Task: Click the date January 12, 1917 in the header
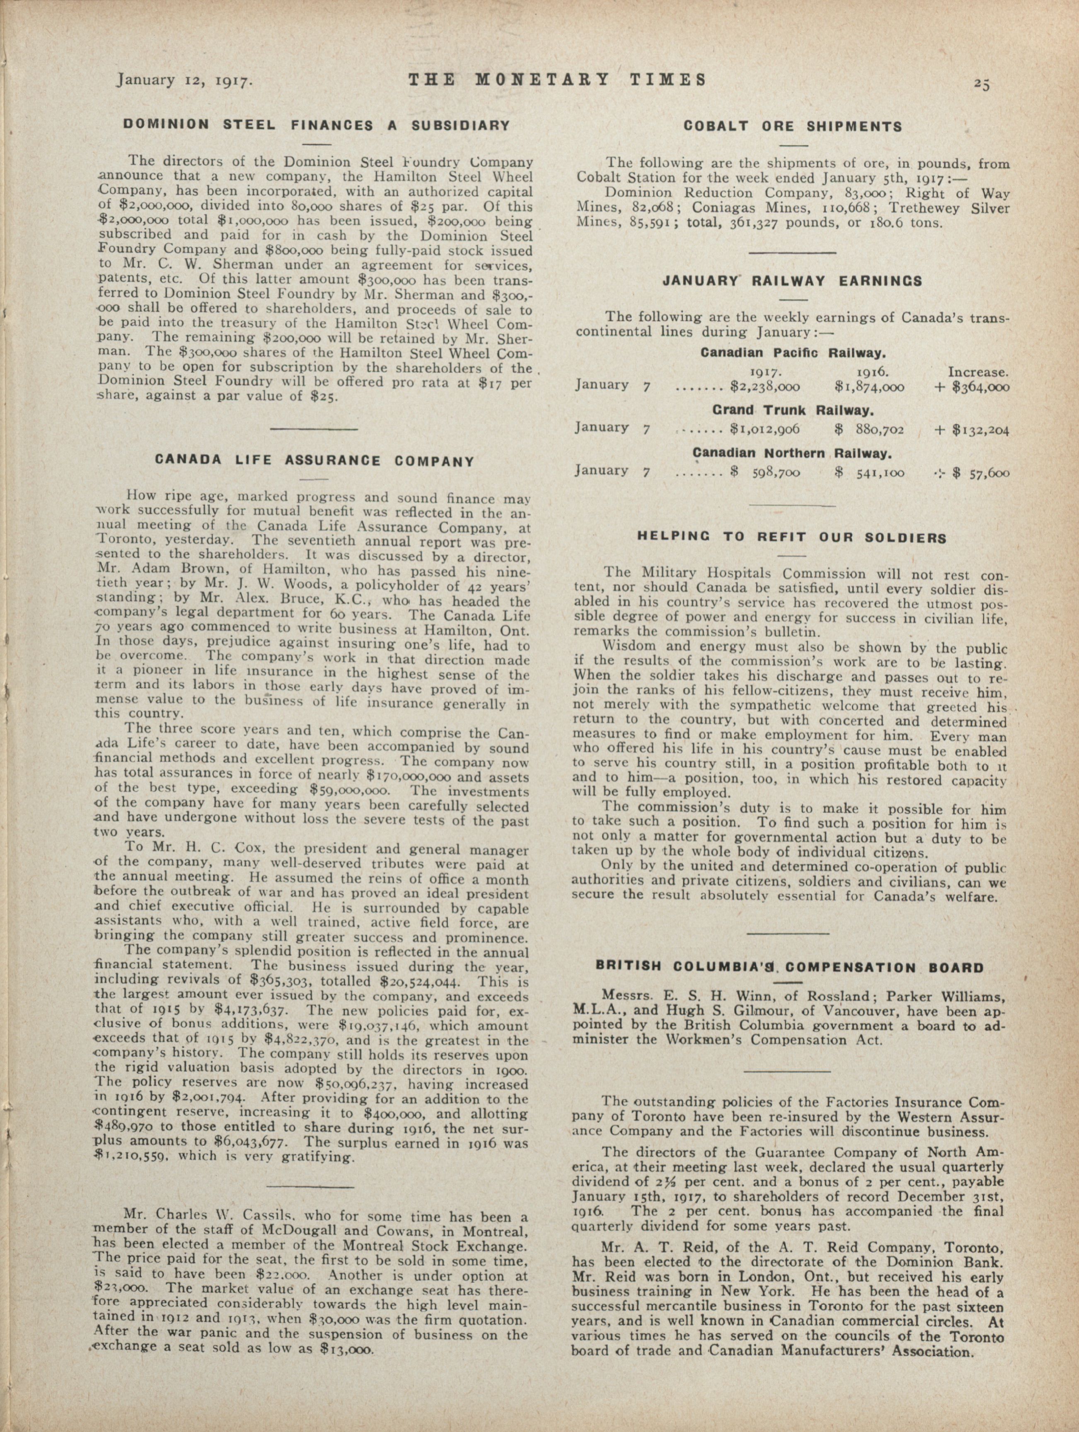(183, 80)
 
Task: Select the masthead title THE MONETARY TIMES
(557, 79)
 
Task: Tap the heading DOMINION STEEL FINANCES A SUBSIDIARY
(317, 125)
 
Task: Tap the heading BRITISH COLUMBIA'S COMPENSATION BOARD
(790, 968)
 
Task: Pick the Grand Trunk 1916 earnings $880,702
(869, 429)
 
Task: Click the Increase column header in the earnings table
(978, 372)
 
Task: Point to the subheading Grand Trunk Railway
(793, 411)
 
